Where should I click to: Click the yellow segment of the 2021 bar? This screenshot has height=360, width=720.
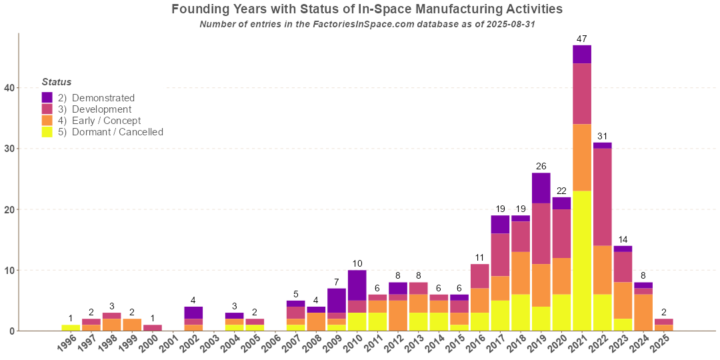pos(582,261)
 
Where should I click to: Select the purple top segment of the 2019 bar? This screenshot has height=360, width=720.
pos(541,188)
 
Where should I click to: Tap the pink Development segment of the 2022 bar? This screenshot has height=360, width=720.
pos(602,197)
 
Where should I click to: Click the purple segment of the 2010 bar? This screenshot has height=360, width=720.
pos(357,285)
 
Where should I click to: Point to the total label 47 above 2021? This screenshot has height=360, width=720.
pos(582,39)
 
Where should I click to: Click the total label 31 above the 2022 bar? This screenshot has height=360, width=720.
pos(602,136)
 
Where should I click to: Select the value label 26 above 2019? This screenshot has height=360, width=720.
pos(541,166)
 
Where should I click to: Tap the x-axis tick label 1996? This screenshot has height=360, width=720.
pos(67,345)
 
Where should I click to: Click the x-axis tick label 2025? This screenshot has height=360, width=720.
pos(659,345)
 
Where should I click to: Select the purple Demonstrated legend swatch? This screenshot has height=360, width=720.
pos(47,98)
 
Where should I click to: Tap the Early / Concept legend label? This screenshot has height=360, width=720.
pos(106,121)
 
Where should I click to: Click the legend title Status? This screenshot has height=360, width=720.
pos(56,82)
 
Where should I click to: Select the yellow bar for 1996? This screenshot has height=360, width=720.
pos(71,327)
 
